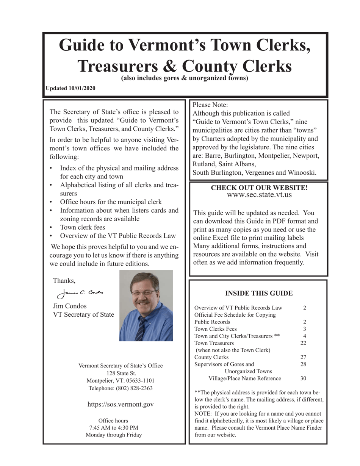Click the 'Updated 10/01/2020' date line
(70, 88)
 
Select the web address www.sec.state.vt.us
(259, 195)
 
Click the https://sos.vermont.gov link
(121, 404)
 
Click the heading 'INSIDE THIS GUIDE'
(259, 293)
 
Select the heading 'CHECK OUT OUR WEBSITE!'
(259, 188)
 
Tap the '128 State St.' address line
(121, 373)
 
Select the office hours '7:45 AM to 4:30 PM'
(114, 428)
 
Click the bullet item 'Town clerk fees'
(83, 227)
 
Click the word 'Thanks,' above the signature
(64, 281)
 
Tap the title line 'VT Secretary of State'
(84, 314)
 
